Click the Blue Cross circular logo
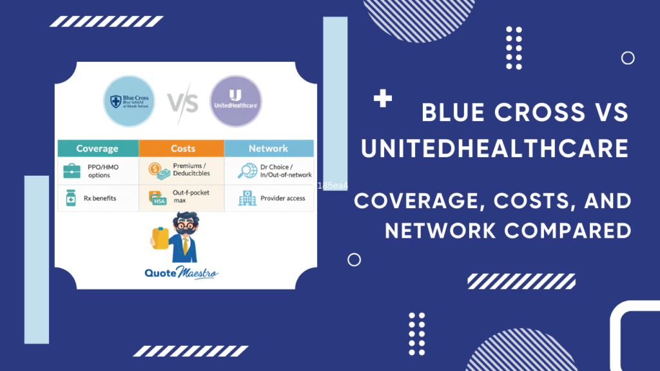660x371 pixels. [129, 102]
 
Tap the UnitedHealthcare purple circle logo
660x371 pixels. [235, 102]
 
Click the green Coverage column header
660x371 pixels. [97, 148]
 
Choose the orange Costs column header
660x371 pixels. [182, 148]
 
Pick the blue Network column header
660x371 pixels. [268, 148]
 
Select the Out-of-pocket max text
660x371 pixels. [191, 197]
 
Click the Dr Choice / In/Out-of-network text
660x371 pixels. [286, 171]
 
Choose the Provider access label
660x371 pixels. [282, 198]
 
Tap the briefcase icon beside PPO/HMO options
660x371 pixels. [72, 171]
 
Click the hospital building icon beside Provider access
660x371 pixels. [246, 198]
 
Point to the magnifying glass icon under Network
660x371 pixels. [247, 171]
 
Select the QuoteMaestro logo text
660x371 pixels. [181, 273]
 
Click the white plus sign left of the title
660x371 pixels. [383, 99]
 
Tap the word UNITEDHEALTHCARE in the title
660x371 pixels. [494, 149]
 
